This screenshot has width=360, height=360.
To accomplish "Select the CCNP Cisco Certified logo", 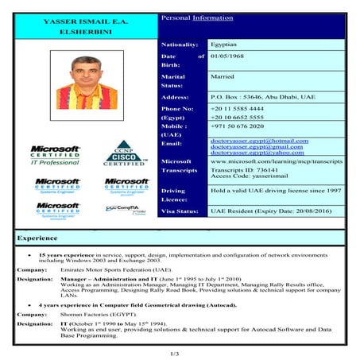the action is click(124, 153).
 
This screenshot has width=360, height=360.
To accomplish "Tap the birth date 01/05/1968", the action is click(231, 56).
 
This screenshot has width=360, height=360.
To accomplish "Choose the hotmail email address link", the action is click(259, 140).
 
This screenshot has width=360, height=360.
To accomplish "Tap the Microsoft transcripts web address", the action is click(275, 161).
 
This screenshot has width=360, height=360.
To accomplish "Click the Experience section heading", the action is click(37, 238).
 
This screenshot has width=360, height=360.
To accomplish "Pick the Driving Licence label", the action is click(173, 195).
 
